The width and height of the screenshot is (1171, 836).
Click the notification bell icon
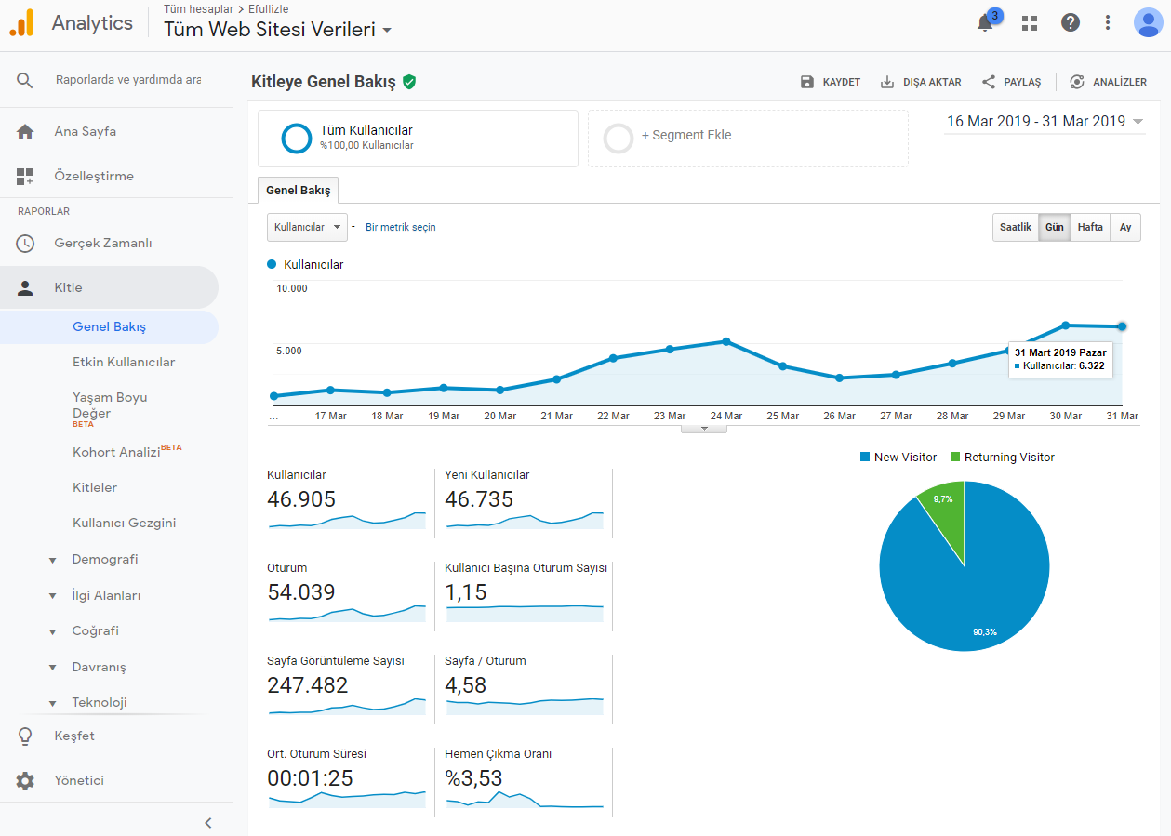[985, 23]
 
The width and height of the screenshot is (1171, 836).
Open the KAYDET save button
[831, 82]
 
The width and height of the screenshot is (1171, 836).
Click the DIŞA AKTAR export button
[921, 82]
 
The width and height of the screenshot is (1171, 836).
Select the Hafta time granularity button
[1090, 227]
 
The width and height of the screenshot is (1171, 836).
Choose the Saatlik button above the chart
[1016, 227]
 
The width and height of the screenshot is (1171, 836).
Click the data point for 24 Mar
[726, 341]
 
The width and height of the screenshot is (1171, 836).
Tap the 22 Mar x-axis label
[613, 416]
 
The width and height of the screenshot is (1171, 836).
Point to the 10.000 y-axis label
[292, 288]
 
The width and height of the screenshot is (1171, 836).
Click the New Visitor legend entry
[898, 457]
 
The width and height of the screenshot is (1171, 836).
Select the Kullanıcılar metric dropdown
[307, 227]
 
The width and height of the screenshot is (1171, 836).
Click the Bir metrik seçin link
[401, 227]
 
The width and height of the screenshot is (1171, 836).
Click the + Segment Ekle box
[748, 139]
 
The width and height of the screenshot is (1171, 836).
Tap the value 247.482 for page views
[307, 685]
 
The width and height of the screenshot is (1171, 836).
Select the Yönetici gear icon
[25, 780]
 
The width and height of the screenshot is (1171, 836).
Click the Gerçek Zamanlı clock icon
[25, 243]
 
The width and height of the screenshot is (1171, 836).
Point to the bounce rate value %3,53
[473, 778]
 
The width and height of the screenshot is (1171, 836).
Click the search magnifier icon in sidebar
[24, 80]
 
